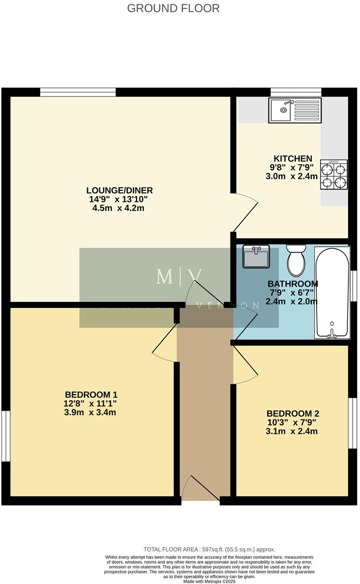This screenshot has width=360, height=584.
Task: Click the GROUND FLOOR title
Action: point(173,8)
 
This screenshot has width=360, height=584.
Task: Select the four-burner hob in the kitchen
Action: point(334,175)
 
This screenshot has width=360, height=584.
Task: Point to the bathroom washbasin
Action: point(256,256)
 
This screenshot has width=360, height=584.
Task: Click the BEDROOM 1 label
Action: point(91,395)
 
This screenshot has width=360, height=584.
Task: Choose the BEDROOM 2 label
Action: point(292,413)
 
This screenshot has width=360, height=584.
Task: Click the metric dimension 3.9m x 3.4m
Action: point(91,412)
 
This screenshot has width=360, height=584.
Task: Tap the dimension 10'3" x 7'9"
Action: point(292,422)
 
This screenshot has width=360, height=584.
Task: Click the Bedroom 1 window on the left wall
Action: point(5,436)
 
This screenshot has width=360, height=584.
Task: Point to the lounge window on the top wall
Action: point(78,92)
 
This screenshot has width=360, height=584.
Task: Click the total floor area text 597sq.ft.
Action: point(209,549)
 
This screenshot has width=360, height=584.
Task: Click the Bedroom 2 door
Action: point(245,366)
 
